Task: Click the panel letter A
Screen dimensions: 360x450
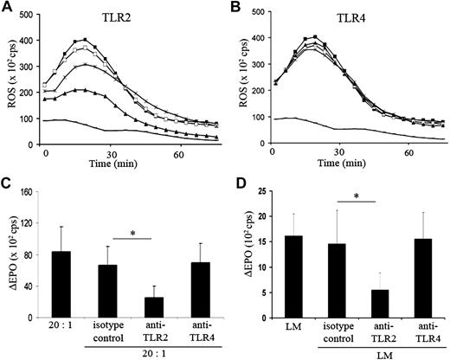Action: point(7,8)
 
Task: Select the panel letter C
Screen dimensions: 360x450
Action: point(7,185)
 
